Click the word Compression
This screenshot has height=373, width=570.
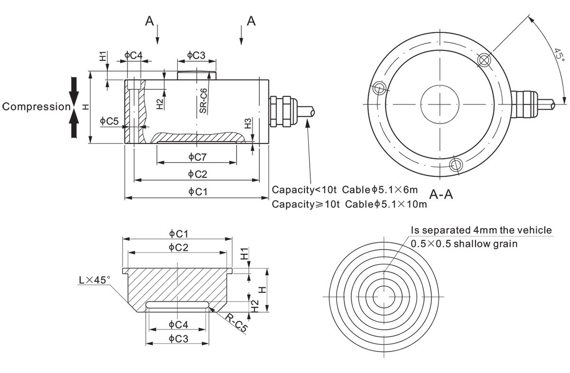(36, 107)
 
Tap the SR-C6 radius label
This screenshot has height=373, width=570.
(203, 101)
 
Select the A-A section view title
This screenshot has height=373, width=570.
(441, 194)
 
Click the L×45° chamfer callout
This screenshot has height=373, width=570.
(95, 280)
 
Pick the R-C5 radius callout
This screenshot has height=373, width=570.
(237, 323)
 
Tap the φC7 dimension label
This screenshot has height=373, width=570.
(197, 157)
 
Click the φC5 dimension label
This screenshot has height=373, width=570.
(109, 121)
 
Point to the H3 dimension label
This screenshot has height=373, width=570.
(247, 124)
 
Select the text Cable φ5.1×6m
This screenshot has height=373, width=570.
(380, 190)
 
